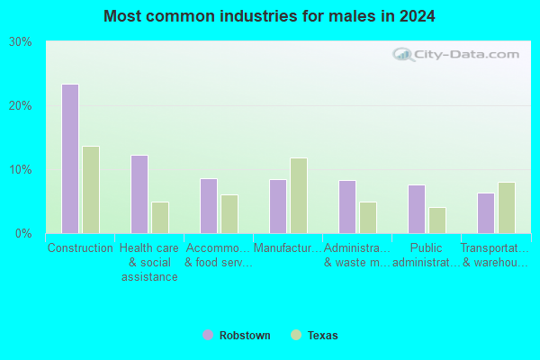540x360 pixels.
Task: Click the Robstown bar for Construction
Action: pyautogui.click(x=70, y=158)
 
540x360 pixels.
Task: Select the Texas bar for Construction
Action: pyautogui.click(x=91, y=190)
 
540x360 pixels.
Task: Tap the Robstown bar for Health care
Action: pyautogui.click(x=139, y=194)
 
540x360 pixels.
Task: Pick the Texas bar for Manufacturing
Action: pyautogui.click(x=299, y=195)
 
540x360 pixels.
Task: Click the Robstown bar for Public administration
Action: pyautogui.click(x=417, y=209)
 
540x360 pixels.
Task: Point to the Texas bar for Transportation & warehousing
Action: pyautogui.click(x=507, y=208)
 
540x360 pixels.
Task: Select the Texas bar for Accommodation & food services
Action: pyautogui.click(x=229, y=214)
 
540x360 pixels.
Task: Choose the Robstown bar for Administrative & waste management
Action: pyautogui.click(x=347, y=207)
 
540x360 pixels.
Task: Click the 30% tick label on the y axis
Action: pyautogui.click(x=21, y=42)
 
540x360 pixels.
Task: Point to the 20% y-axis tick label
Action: pyautogui.click(x=21, y=106)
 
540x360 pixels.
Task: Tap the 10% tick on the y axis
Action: pyautogui.click(x=21, y=169)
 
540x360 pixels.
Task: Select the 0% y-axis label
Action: pyautogui.click(x=23, y=234)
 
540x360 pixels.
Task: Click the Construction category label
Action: pyautogui.click(x=80, y=247)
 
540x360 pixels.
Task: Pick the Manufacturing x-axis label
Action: pyautogui.click(x=288, y=247)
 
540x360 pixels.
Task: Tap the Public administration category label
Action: pyautogui.click(x=427, y=256)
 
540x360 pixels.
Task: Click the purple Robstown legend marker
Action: pyautogui.click(x=208, y=335)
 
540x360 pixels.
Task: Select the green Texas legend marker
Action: pyautogui.click(x=296, y=335)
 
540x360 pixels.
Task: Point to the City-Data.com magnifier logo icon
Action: pyautogui.click(x=403, y=55)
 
